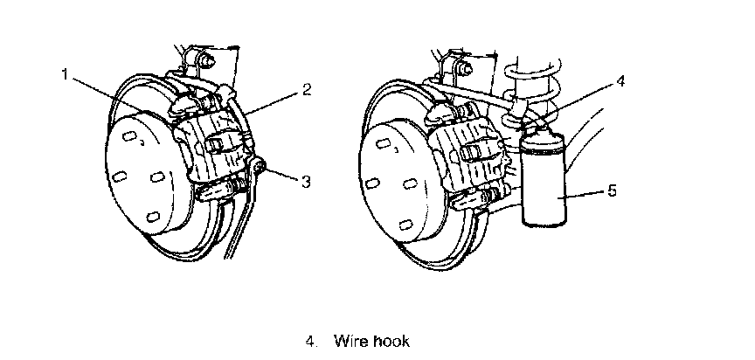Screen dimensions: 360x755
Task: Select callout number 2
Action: click(307, 88)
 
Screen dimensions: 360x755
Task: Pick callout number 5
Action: click(612, 189)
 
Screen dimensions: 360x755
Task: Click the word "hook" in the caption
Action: click(391, 341)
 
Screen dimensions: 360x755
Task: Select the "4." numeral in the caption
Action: click(312, 341)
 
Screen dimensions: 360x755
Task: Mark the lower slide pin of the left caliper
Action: click(218, 189)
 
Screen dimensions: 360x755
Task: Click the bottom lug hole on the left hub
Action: click(154, 216)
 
